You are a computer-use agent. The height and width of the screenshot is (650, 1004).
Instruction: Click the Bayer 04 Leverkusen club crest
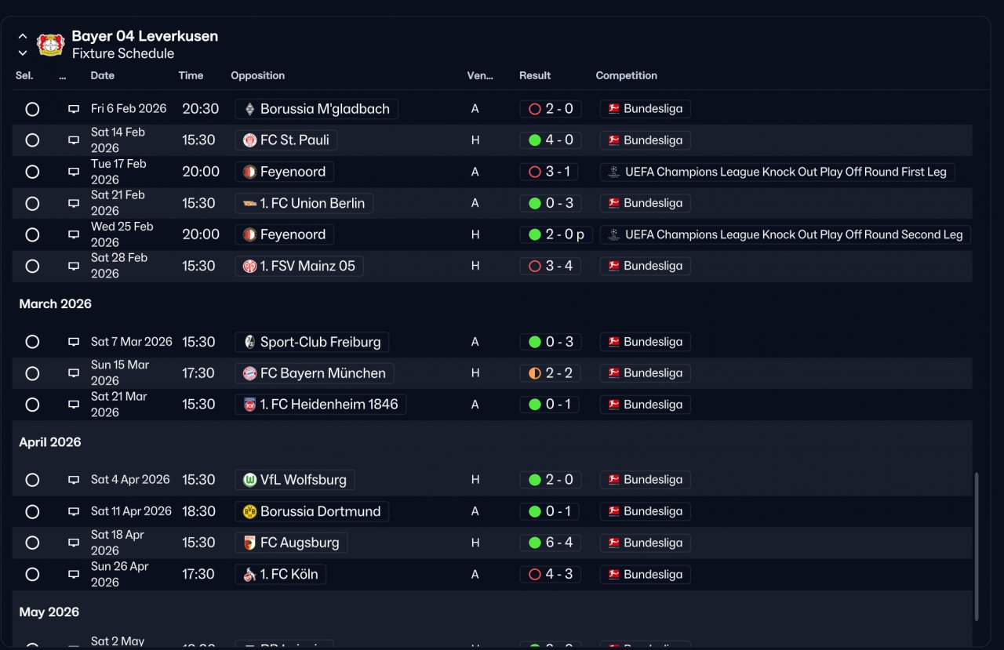(x=51, y=45)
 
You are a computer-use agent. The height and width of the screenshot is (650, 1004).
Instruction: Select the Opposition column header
(x=258, y=75)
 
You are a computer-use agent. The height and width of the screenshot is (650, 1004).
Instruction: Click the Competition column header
(x=626, y=75)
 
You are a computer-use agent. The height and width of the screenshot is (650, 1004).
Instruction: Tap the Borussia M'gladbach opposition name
(x=325, y=109)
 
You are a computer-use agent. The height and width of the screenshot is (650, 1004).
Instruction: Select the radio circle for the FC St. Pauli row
(x=32, y=140)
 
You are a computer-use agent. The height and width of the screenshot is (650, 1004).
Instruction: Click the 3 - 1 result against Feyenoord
(x=558, y=172)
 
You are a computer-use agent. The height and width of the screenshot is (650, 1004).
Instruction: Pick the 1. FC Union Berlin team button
(x=304, y=203)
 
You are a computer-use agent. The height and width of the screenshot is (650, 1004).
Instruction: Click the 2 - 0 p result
(x=565, y=234)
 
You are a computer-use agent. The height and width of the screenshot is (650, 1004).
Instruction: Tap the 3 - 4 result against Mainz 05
(x=559, y=266)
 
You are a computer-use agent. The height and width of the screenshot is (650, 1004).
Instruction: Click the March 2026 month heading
(x=55, y=303)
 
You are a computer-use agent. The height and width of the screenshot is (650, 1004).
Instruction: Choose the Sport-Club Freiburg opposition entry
(x=312, y=342)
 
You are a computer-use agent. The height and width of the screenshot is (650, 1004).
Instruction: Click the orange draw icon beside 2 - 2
(x=535, y=373)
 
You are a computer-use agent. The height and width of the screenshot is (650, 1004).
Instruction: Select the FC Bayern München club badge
(x=249, y=373)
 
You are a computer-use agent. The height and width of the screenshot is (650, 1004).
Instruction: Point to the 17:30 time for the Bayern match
(x=198, y=373)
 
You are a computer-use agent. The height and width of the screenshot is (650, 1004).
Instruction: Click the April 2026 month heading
(x=50, y=442)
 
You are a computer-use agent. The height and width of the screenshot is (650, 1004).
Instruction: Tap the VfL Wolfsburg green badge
(x=249, y=480)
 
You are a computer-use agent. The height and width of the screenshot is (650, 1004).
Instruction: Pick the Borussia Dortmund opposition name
(x=321, y=511)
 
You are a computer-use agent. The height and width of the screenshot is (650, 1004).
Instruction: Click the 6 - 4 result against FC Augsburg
(x=559, y=543)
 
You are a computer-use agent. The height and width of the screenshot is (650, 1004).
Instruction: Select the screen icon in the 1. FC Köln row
(x=74, y=574)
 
